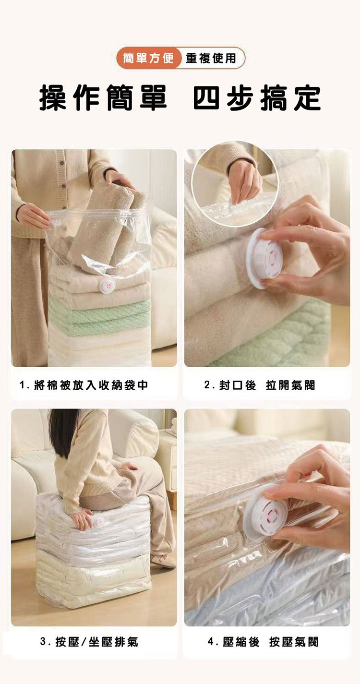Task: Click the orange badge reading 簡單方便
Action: click(148, 58)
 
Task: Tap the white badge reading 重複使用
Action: click(211, 58)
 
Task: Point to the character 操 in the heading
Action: click(53, 98)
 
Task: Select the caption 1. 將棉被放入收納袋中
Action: click(84, 385)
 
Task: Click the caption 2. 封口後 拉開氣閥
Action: click(260, 385)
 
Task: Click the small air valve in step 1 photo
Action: click(106, 286)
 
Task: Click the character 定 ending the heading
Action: click(307, 98)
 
